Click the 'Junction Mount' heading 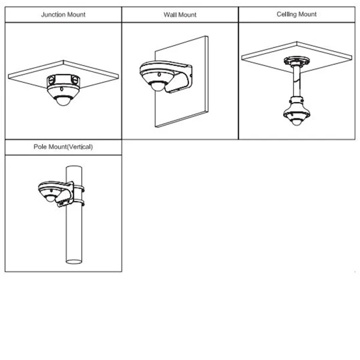pos(63,14)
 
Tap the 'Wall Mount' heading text pos(180,15)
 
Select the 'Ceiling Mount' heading pos(296,14)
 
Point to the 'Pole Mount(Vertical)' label pos(63,147)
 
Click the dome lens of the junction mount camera pos(62,101)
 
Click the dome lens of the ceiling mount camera pos(296,121)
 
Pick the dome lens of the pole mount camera pos(50,199)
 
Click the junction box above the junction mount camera pos(63,80)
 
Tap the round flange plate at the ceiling pos(296,61)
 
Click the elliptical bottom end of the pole pos(74,262)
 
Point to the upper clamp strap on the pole pos(79,188)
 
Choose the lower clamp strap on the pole pos(79,203)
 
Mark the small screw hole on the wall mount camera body pos(159,74)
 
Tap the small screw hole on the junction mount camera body pos(62,89)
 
